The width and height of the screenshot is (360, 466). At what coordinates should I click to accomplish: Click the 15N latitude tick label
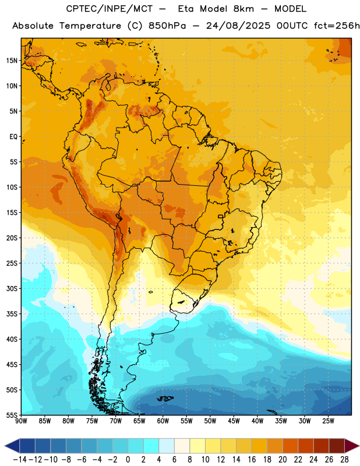click(12, 61)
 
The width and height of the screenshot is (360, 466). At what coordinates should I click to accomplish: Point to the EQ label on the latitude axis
click(13, 137)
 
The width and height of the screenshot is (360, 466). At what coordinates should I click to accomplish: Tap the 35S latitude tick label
click(12, 314)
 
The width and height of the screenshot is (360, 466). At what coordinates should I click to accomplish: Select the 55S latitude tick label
click(12, 415)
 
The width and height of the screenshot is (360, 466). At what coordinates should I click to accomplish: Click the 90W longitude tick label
click(21, 421)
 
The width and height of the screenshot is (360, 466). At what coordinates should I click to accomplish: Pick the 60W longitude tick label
click(163, 421)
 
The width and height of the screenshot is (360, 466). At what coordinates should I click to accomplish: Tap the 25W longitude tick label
click(328, 421)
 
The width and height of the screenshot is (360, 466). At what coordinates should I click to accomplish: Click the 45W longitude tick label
click(234, 421)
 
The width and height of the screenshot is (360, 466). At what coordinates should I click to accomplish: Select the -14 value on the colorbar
click(20, 460)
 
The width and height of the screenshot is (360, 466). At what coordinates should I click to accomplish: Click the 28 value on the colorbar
click(344, 460)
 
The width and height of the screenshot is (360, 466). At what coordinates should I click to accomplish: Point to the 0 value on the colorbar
click(128, 460)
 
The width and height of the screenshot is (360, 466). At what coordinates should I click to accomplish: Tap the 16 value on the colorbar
click(252, 460)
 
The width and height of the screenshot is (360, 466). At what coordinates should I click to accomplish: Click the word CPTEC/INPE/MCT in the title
click(109, 9)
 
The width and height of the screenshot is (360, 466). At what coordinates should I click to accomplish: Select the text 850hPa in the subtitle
click(167, 26)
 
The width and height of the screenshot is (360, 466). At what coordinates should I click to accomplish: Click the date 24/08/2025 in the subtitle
click(238, 26)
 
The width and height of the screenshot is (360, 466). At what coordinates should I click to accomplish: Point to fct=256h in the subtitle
click(337, 26)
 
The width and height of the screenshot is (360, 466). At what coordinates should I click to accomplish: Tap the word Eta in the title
click(186, 9)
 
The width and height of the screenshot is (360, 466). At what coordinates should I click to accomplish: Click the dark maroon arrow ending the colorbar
click(351, 446)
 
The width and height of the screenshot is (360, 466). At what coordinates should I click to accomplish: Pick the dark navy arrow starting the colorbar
click(12, 446)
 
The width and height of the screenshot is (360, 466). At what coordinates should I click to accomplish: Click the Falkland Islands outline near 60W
click(165, 398)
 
